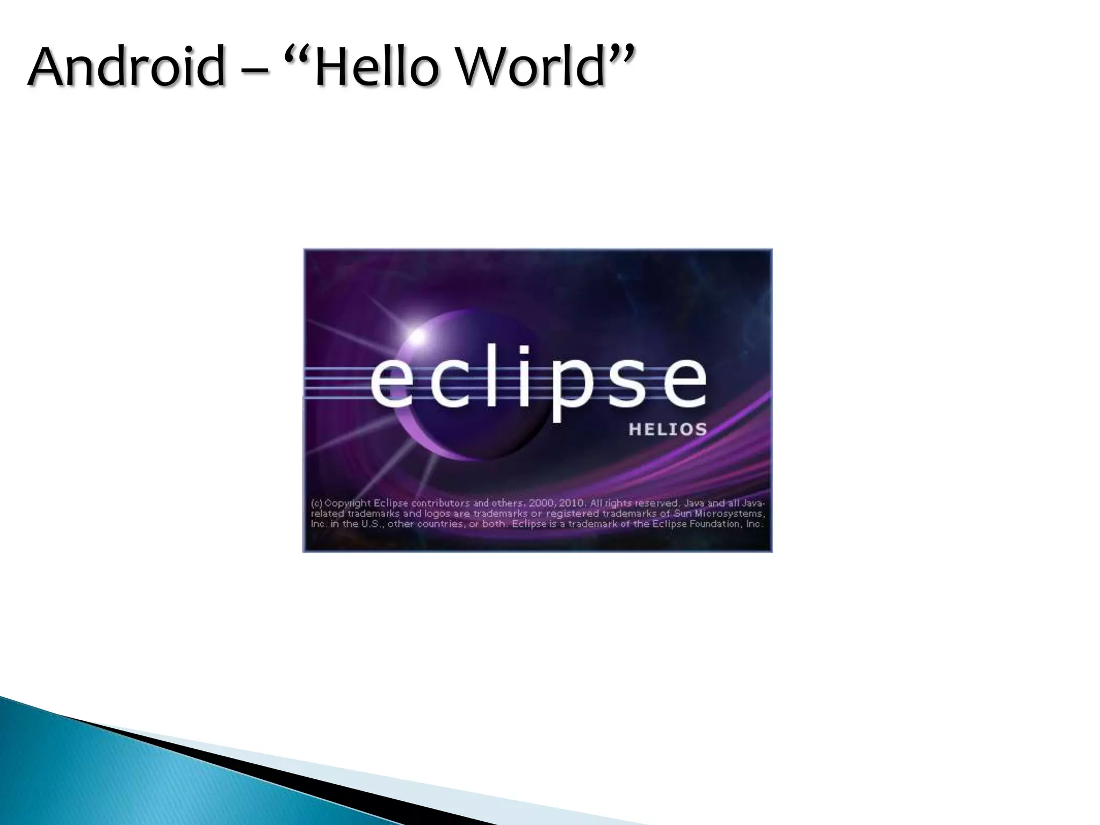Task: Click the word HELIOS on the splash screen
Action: pos(667,430)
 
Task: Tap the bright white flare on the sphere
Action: pos(417,337)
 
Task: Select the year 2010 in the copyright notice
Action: pos(571,504)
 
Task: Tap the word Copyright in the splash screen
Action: pos(348,504)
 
